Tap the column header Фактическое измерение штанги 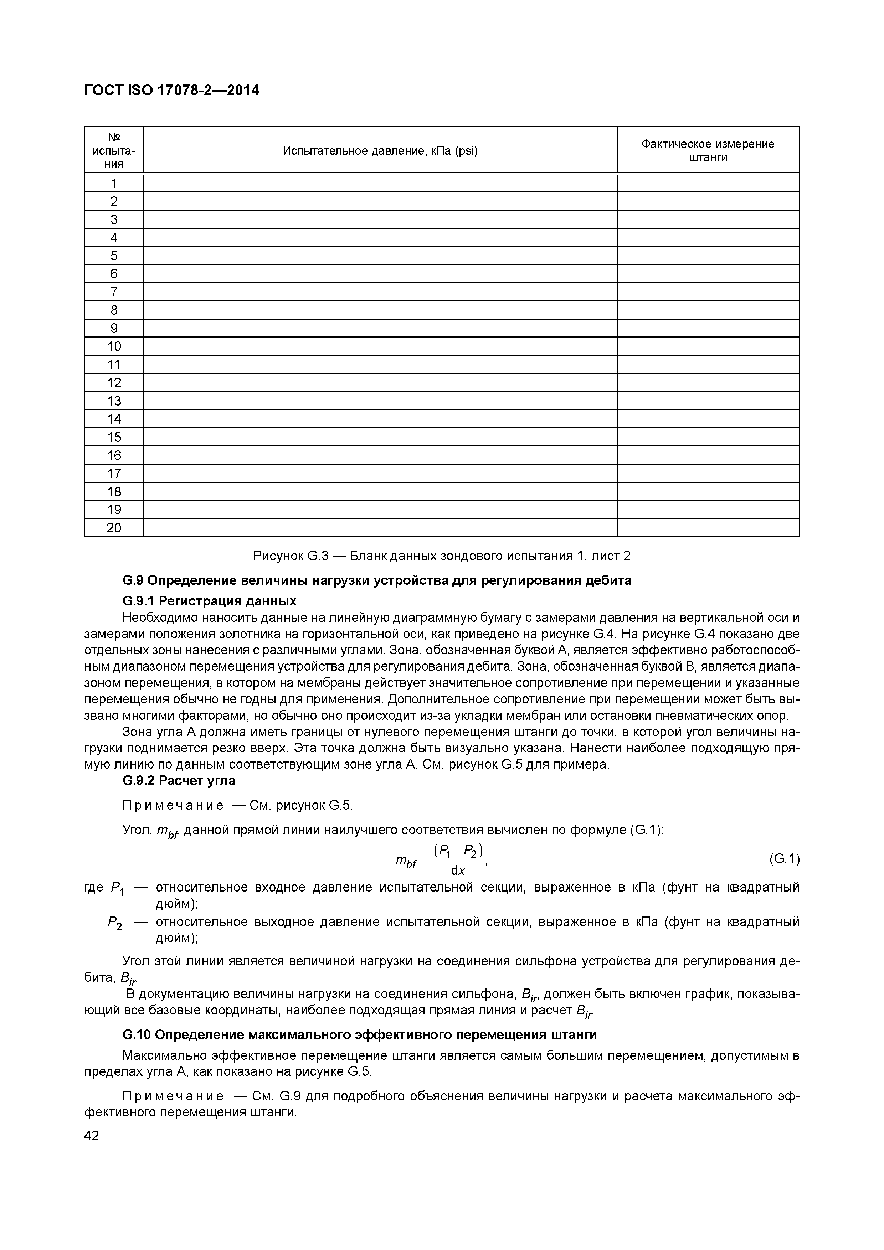point(708,151)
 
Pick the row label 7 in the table point(114,292)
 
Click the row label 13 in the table point(114,401)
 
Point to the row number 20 point(114,528)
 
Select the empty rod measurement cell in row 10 point(708,346)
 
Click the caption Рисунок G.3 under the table point(442,556)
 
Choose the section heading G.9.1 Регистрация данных point(210,601)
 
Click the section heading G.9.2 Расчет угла point(179,781)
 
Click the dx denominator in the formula point(458,870)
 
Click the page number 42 point(92,1136)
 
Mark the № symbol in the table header point(114,136)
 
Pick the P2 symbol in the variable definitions point(115,922)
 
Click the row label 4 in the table point(114,237)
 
